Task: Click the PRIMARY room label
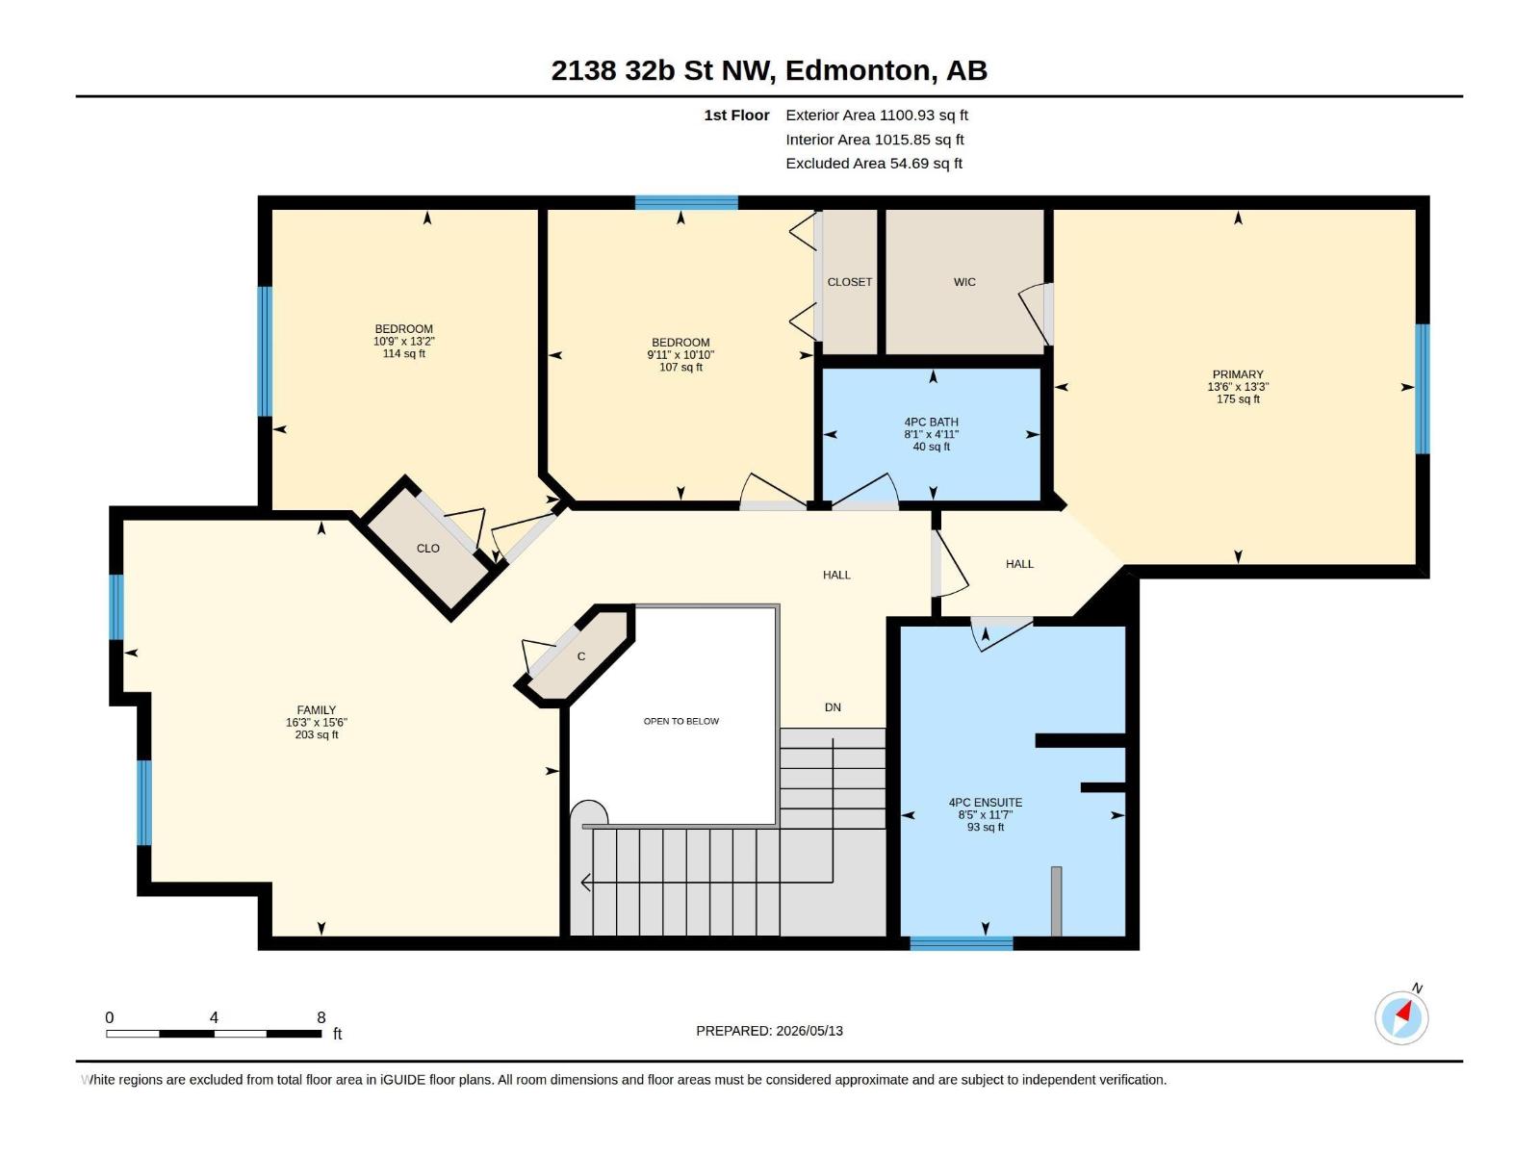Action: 1238,374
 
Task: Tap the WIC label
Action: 964,282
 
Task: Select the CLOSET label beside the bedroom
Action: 849,282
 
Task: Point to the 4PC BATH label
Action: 931,423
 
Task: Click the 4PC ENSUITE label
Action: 985,803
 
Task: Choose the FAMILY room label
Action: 317,709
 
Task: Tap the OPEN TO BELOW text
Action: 681,721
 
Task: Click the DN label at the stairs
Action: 833,706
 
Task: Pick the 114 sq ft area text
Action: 403,353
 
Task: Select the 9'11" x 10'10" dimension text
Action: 680,355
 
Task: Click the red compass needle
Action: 1404,1011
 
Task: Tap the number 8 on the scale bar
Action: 321,1017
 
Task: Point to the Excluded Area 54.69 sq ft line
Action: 874,164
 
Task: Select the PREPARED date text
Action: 770,1031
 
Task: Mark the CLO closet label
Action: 428,549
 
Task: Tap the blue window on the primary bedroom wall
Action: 1423,389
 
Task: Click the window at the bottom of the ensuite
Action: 962,943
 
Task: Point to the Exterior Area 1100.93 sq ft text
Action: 877,115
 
